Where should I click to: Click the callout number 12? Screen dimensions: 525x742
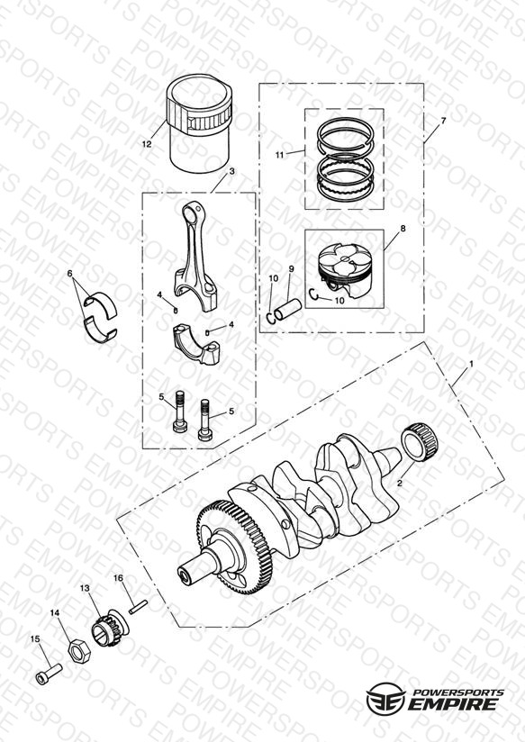(x=147, y=144)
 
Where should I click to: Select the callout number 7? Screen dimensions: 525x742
(x=443, y=121)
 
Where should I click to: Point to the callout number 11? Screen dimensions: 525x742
(x=280, y=155)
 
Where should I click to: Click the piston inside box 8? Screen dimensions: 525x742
(x=345, y=271)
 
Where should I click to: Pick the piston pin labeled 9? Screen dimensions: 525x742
(x=288, y=311)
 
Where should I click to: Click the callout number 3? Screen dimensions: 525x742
(x=231, y=171)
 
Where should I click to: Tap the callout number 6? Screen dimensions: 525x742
(x=70, y=274)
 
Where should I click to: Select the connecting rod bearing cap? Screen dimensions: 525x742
(x=196, y=343)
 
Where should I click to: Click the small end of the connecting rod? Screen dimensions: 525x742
(x=192, y=212)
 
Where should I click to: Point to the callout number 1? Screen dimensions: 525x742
(x=471, y=364)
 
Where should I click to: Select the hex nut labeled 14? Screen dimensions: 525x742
(x=77, y=651)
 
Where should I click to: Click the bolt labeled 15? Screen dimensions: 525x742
(x=49, y=674)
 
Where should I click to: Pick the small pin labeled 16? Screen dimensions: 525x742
(x=138, y=606)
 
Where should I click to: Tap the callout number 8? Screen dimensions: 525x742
(x=403, y=228)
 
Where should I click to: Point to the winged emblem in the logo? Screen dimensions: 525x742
(x=385, y=698)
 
